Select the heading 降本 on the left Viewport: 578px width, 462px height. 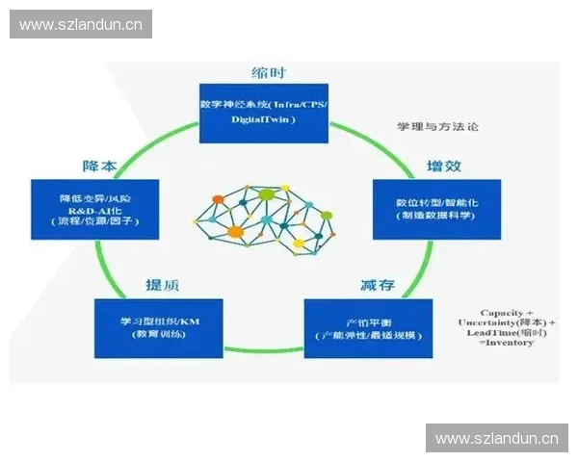pos(99,166)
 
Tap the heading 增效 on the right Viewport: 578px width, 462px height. pos(444,166)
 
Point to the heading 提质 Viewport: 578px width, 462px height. pos(161,284)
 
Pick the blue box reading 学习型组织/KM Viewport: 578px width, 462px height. pos(159,328)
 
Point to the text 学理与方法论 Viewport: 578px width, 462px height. pos(437,126)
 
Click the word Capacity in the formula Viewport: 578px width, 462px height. pos(501,313)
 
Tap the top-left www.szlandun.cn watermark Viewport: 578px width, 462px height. pos(80,25)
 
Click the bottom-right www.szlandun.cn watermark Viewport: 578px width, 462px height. pos(496,439)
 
